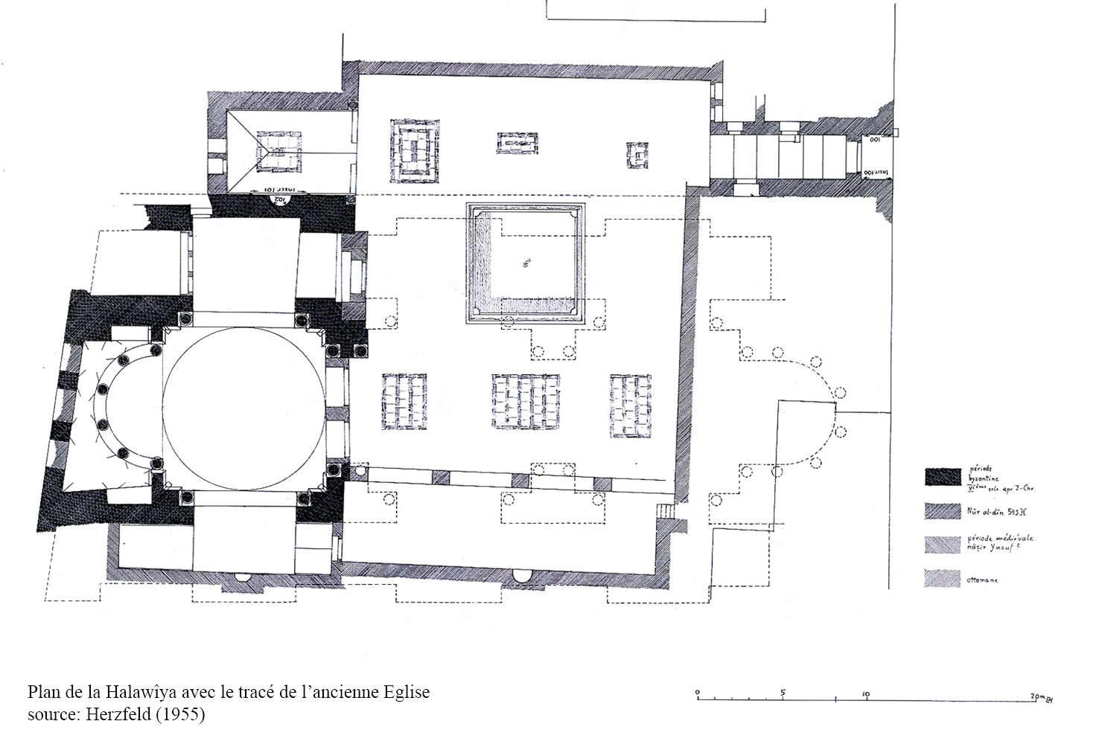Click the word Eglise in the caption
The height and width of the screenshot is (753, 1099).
[x=407, y=693]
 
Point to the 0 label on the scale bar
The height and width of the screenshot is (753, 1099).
[x=698, y=692]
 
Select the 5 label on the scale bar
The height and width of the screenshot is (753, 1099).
[x=783, y=692]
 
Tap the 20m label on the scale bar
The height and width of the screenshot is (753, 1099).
[x=1036, y=695]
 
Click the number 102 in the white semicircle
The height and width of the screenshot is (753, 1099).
[x=279, y=199]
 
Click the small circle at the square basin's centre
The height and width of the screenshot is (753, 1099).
[x=526, y=262]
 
